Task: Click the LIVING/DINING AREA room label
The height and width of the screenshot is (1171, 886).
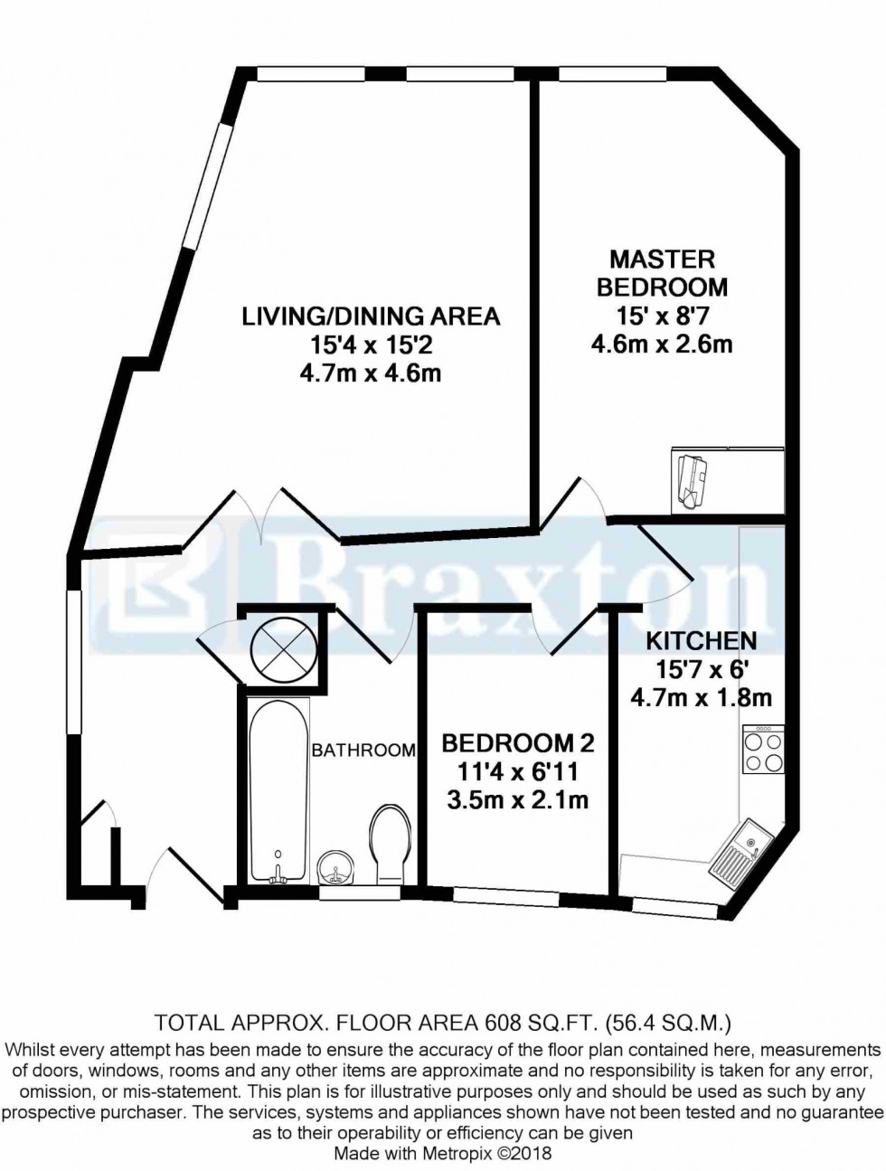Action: tap(370, 316)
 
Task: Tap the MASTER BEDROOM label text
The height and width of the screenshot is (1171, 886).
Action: tap(668, 273)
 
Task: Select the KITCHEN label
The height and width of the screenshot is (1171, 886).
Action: tap(701, 641)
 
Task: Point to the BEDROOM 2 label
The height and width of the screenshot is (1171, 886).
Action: tap(518, 743)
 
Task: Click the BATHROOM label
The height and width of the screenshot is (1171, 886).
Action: tap(363, 750)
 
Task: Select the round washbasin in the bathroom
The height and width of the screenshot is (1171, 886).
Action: tap(339, 867)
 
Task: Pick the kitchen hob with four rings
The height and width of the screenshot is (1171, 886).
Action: tap(761, 751)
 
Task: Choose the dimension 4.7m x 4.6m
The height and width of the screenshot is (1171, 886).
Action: tap(370, 373)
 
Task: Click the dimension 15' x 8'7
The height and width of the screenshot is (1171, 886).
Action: tap(668, 316)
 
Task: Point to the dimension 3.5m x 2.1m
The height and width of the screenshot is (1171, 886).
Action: tap(518, 799)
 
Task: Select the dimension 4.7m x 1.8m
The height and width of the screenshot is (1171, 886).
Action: tap(701, 697)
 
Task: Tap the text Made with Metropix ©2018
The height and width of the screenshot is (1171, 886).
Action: tap(442, 1154)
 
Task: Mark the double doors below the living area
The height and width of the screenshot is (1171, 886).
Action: tap(262, 515)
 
